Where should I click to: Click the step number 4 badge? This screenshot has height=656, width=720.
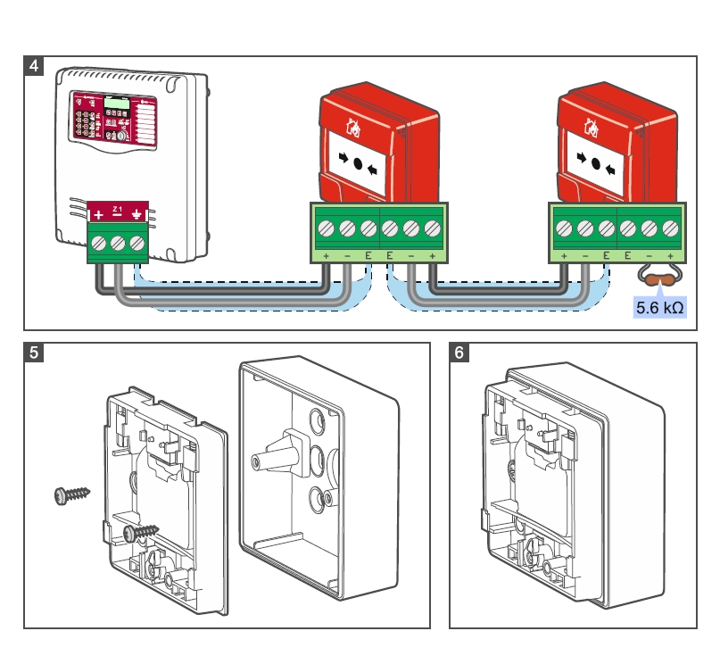pyautogui.click(x=33, y=66)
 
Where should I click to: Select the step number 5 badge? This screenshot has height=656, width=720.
pyautogui.click(x=33, y=352)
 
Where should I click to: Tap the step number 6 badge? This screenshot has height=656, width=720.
pyautogui.click(x=459, y=352)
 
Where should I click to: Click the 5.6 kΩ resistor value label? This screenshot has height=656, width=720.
pyautogui.click(x=659, y=309)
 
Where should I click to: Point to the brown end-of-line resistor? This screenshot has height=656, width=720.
pyautogui.click(x=659, y=280)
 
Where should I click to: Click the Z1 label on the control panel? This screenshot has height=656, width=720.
pyautogui.click(x=117, y=208)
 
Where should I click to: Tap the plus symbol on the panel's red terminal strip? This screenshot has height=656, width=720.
pyautogui.click(x=97, y=215)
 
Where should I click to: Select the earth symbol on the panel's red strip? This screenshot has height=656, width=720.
pyautogui.click(x=137, y=215)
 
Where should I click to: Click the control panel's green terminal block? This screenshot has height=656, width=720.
pyautogui.click(x=117, y=243)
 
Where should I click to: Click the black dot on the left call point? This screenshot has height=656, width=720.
pyautogui.click(x=357, y=165)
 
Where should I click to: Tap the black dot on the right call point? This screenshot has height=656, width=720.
pyautogui.click(x=596, y=163)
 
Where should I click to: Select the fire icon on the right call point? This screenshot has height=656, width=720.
pyautogui.click(x=592, y=126)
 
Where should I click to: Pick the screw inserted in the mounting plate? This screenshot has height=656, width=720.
pyautogui.click(x=140, y=531)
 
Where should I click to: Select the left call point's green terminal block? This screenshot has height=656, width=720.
pyautogui.click(x=378, y=230)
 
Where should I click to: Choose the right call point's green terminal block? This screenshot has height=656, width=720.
pyautogui.click(x=617, y=230)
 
